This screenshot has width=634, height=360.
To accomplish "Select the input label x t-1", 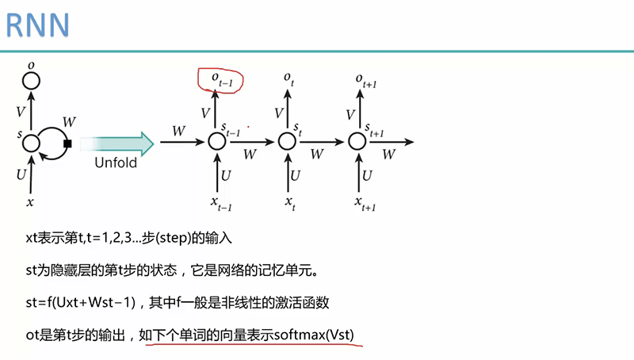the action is [x=220, y=203].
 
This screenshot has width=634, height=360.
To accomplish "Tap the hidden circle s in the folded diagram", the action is [x=31, y=144].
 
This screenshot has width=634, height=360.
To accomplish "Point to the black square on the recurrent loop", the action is [x=68, y=144].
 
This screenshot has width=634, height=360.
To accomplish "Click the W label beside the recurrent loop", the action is [x=69, y=122].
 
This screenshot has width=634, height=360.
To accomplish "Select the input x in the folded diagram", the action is [x=31, y=202].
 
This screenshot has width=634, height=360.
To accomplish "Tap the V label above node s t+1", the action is [x=349, y=114].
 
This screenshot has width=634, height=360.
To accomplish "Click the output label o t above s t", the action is [x=290, y=78].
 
